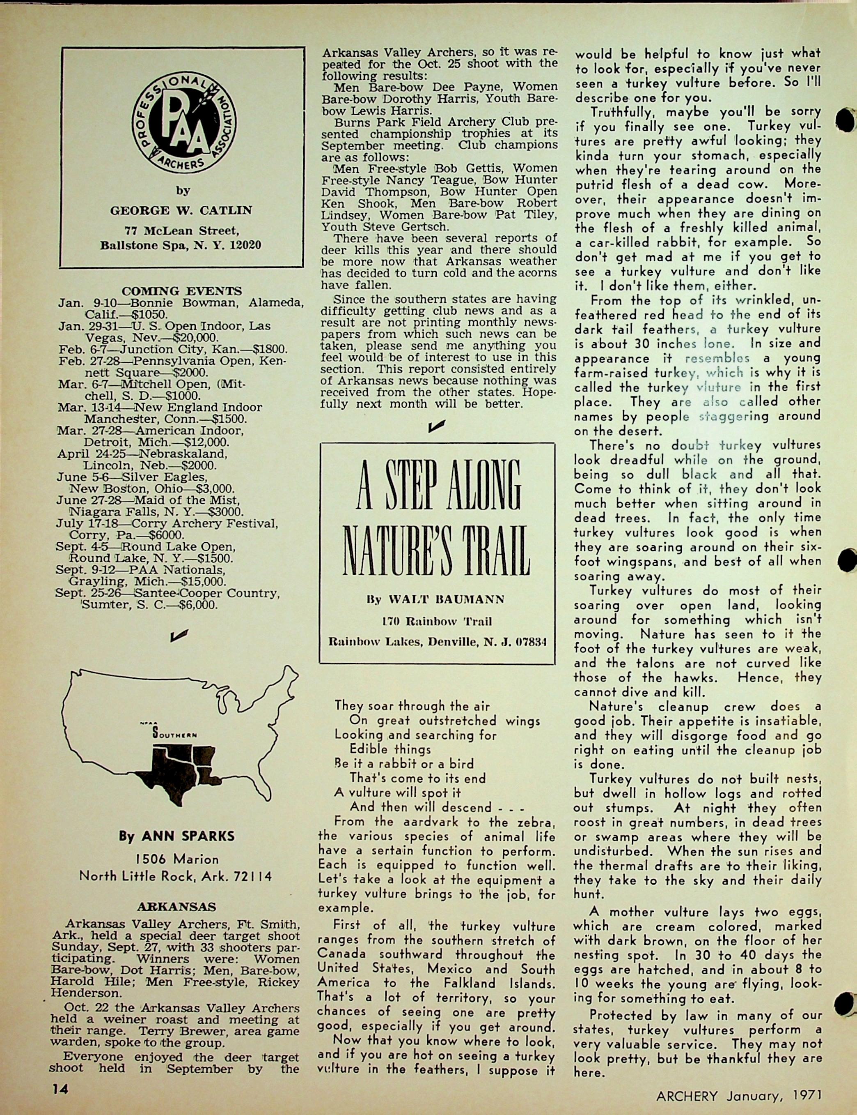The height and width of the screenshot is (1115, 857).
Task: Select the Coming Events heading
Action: click(x=181, y=291)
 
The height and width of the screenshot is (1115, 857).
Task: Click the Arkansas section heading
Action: click(x=176, y=907)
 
